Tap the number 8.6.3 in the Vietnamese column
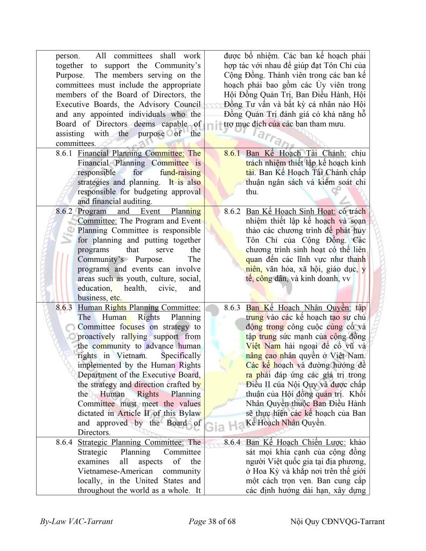(x=233, y=308)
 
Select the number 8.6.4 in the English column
(x=66, y=442)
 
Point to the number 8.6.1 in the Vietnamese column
(x=233, y=154)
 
